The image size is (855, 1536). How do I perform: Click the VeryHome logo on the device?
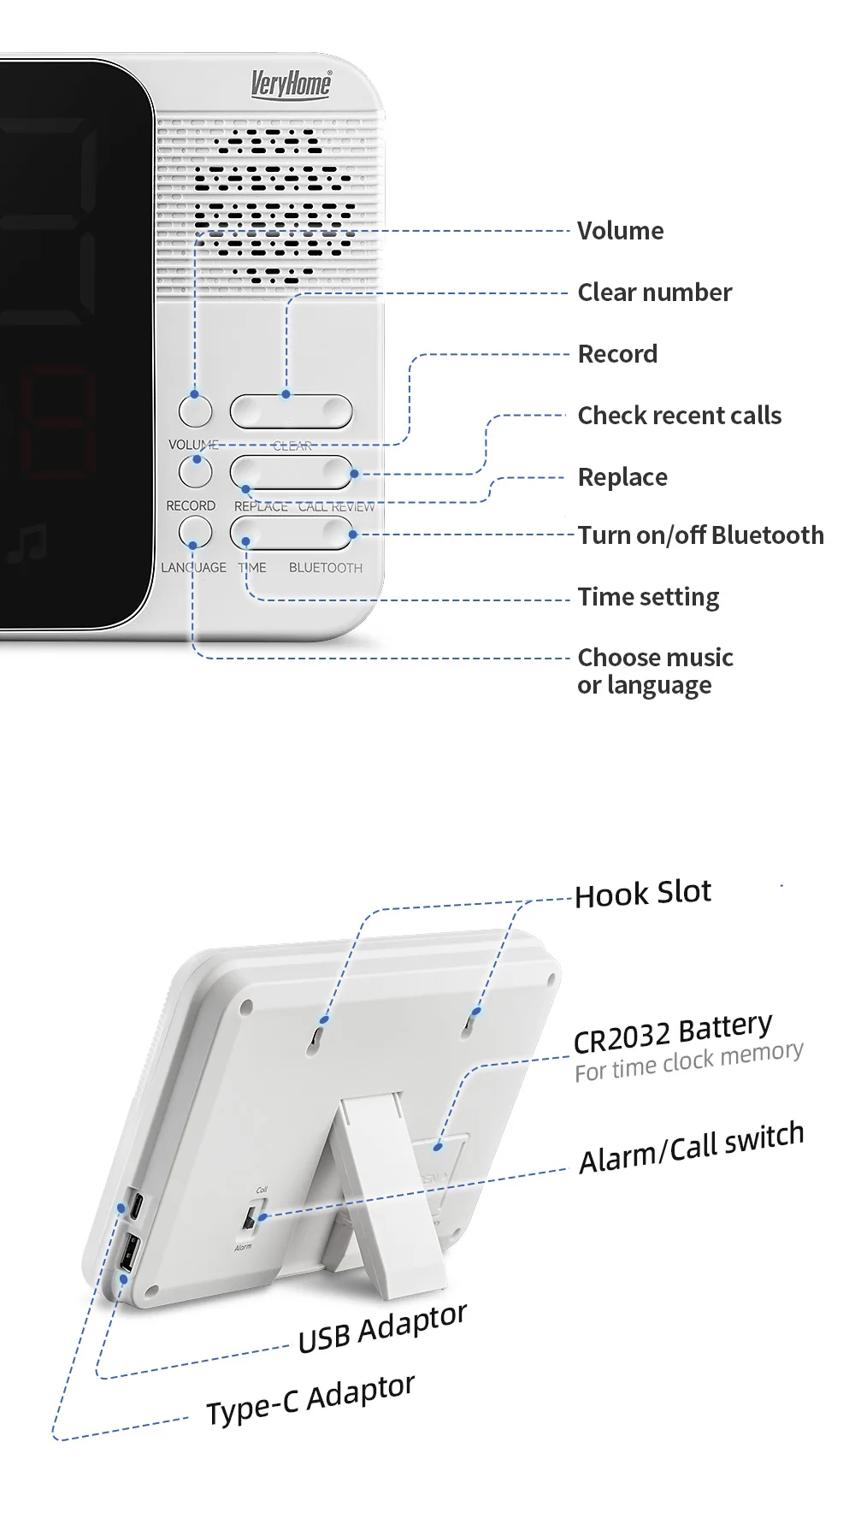[291, 84]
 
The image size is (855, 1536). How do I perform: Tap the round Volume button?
[195, 411]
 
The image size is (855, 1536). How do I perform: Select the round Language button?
[195, 533]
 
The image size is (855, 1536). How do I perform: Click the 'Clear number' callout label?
[654, 292]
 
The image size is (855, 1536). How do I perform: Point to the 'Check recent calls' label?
[679, 416]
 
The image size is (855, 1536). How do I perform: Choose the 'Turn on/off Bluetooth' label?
[700, 535]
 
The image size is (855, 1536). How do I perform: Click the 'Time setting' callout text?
[648, 597]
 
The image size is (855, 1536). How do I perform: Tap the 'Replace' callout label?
[622, 477]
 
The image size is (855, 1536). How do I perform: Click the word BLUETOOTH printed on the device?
[325, 568]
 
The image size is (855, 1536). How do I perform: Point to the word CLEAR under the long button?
[292, 446]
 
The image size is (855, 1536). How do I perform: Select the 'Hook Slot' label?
[642, 894]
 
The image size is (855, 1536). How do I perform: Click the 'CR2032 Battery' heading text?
[672, 1032]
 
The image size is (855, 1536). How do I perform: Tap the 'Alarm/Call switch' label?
[691, 1149]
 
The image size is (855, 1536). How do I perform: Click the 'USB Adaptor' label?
[382, 1328]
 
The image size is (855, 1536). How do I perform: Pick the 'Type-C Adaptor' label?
[310, 1399]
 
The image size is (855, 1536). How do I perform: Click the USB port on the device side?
[128, 1254]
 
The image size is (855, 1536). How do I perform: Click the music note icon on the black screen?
[27, 543]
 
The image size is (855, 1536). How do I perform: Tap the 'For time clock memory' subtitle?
[688, 1061]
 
